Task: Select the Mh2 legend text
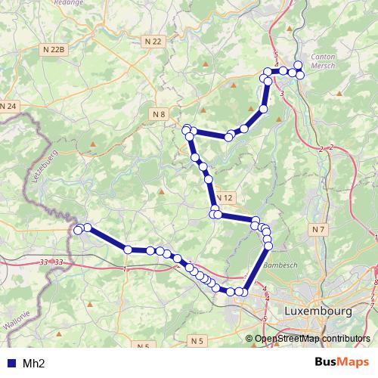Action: click(x=33, y=363)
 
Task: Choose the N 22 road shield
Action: click(x=153, y=41)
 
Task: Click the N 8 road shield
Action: click(x=158, y=114)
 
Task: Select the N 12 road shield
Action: click(x=225, y=197)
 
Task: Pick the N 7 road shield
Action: click(x=318, y=228)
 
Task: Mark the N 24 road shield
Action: click(x=8, y=106)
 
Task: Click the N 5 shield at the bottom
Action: click(x=198, y=342)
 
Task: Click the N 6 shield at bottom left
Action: click(x=144, y=345)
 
